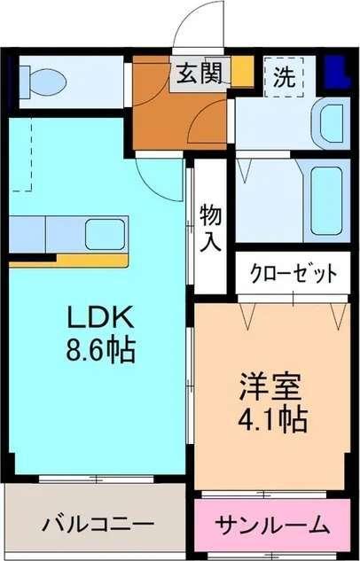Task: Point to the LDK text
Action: point(99,317)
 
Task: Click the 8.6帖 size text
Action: point(99,351)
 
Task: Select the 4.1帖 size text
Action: point(271,417)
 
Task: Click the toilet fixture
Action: point(43,82)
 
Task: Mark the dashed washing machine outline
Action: point(285,76)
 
